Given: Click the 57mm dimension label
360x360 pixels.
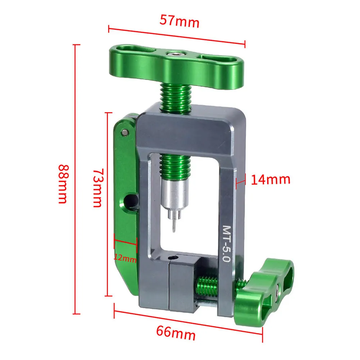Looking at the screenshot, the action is (x=179, y=21).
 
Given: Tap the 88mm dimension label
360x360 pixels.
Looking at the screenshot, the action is (x=63, y=184).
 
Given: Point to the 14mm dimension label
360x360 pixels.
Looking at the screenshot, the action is (x=270, y=179).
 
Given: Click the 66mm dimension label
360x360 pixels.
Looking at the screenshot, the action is (x=176, y=333).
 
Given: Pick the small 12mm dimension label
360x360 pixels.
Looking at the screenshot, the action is (x=126, y=258).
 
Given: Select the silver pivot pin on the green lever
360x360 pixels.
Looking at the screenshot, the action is (x=125, y=132).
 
